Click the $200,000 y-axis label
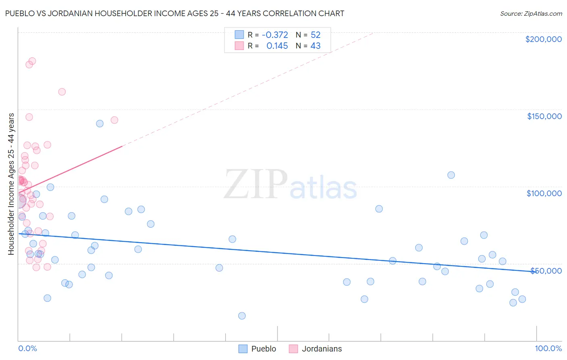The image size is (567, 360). click(x=543, y=39)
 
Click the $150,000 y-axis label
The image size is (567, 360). click(x=544, y=116)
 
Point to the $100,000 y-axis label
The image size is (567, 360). click(x=544, y=193)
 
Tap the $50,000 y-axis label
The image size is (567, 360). click(x=546, y=270)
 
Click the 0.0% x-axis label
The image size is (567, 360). click(x=27, y=348)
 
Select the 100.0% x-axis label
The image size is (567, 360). click(x=548, y=348)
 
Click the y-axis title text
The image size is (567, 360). click(x=11, y=184)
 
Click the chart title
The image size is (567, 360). click(x=175, y=13)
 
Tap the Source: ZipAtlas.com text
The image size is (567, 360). click(x=531, y=13)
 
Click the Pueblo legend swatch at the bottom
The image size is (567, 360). click(x=243, y=349)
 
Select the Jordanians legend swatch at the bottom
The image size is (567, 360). click(x=294, y=349)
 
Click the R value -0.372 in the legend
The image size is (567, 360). click(x=275, y=35)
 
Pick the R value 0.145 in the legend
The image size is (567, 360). click(x=277, y=46)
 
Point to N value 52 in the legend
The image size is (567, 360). click(x=315, y=35)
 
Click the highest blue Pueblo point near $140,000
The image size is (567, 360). click(x=100, y=123)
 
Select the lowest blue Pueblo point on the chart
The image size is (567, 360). click(x=242, y=316)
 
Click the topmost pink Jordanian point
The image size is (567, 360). click(x=32, y=61)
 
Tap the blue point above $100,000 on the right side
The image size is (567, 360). click(x=451, y=175)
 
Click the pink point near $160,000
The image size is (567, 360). click(x=62, y=92)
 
